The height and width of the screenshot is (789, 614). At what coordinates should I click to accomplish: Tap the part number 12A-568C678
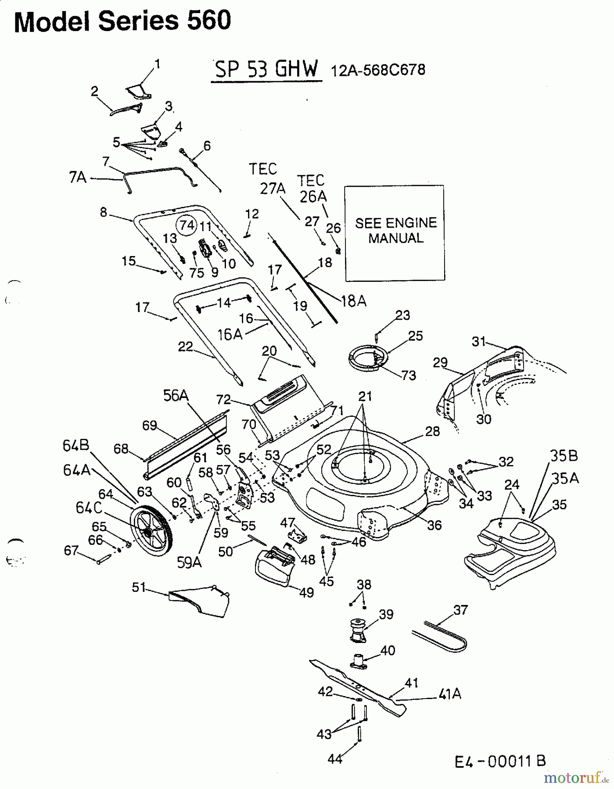tap(377, 70)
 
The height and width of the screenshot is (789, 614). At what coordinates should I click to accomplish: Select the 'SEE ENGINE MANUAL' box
tap(395, 233)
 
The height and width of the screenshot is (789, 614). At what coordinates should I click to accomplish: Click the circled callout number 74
tap(187, 225)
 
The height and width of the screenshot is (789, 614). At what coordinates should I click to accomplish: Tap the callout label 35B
tap(564, 456)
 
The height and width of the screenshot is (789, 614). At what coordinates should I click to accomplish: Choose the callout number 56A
tap(176, 395)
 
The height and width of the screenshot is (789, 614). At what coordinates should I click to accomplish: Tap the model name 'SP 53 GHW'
tap(266, 69)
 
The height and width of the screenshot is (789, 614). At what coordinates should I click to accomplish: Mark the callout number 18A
tap(353, 301)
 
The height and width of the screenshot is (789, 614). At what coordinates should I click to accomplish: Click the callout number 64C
tap(89, 508)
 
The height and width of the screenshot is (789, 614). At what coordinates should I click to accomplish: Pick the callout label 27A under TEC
tap(273, 188)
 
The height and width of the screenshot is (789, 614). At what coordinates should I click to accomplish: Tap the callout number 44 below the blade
tap(335, 759)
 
